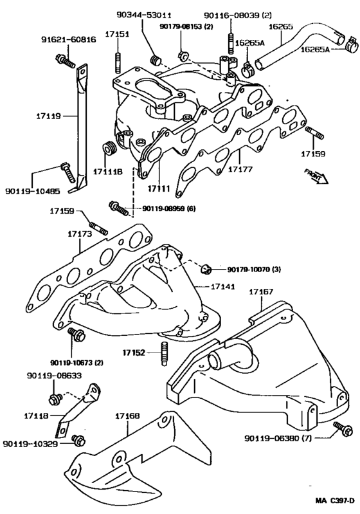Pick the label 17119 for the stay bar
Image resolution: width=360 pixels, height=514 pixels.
coord(48,116)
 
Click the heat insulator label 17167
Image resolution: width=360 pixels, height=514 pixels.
coord(260,291)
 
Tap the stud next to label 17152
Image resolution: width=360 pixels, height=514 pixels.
coord(165,353)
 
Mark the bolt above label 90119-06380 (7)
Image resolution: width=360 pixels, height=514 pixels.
coord(339,426)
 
